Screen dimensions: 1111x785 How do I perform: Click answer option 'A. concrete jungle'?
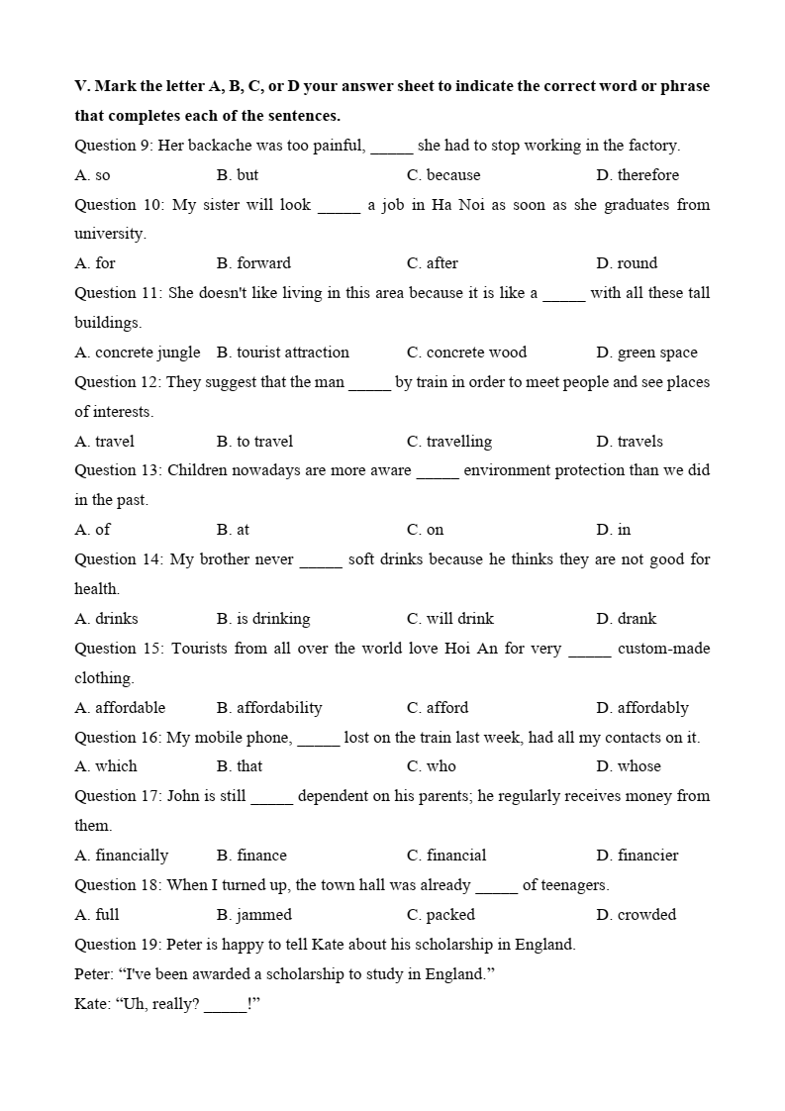coord(138,353)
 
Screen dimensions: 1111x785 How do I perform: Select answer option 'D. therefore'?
coord(638,175)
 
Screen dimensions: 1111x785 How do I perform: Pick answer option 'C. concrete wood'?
coord(466,353)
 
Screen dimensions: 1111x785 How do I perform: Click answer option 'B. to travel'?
coord(254,442)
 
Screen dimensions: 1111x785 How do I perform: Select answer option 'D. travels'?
coord(630,442)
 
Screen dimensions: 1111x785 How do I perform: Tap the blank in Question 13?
coord(438,471)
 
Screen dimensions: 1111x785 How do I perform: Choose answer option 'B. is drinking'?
coord(263,619)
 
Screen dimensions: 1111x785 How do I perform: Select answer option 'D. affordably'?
coord(642,708)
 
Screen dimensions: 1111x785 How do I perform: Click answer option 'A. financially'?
coord(122,856)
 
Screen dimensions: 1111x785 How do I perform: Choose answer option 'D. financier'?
coord(638,856)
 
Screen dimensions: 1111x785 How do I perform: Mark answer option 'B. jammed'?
coord(254,915)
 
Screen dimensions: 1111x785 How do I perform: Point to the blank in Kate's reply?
coord(226,1005)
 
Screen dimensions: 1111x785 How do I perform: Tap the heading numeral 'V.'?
coord(82,86)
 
